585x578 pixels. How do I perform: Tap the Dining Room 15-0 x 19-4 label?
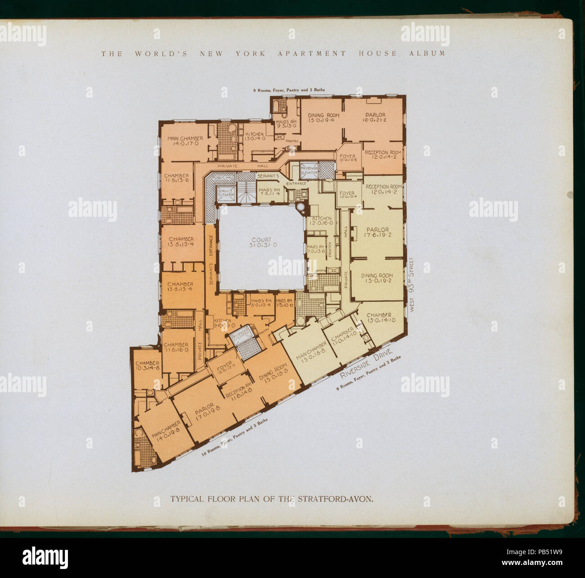(324, 118)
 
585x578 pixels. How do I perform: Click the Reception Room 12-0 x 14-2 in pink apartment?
(383, 155)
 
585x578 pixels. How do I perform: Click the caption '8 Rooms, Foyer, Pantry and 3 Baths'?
(288, 90)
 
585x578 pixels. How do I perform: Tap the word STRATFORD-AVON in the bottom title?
(335, 499)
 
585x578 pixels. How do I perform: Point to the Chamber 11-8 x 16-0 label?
(175, 347)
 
